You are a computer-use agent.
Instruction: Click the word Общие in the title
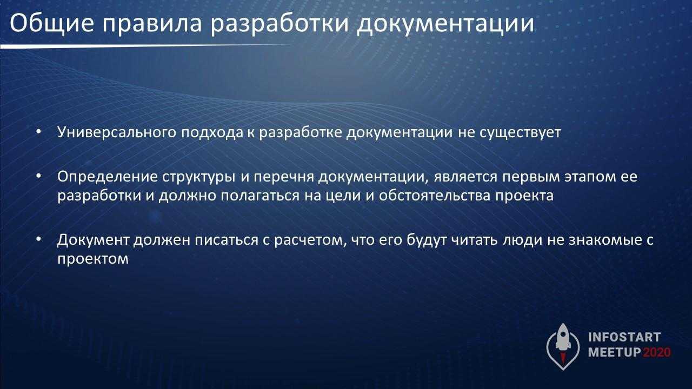click(52, 24)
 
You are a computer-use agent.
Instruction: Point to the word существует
click(520, 133)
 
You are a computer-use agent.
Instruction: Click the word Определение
click(108, 177)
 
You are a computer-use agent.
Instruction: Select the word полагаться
click(260, 196)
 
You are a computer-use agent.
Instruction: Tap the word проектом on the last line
click(93, 259)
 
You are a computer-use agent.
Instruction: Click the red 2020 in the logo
click(657, 352)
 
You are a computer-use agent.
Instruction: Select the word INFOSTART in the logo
click(624, 337)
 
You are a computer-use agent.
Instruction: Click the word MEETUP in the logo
click(615, 352)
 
